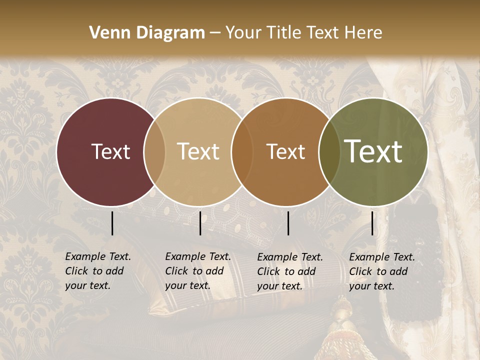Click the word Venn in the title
pyautogui.click(x=106, y=33)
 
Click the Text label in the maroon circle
pyautogui.click(x=110, y=151)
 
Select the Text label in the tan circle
pyautogui.click(x=198, y=151)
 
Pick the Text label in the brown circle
pyautogui.click(x=285, y=151)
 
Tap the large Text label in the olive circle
pyautogui.click(x=373, y=151)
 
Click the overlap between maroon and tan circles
pyautogui.click(x=154, y=151)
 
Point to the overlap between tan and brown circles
pyautogui.click(x=242, y=151)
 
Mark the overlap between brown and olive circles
pyautogui.click(x=328, y=151)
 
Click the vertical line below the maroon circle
pyautogui.click(x=112, y=223)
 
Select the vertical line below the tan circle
pyautogui.click(x=200, y=223)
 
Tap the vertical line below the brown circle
pyautogui.click(x=288, y=223)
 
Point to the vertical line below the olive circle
pyautogui.click(x=372, y=223)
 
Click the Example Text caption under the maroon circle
pyautogui.click(x=97, y=271)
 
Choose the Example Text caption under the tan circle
pyautogui.click(x=197, y=271)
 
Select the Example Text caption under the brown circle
pyautogui.click(x=289, y=271)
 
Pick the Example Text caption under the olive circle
pyautogui.click(x=381, y=271)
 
